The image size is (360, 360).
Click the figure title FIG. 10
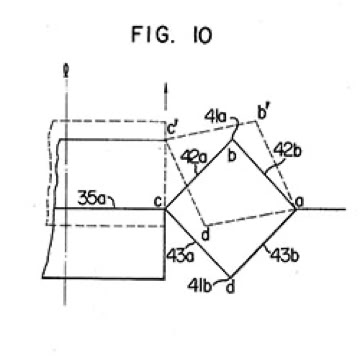(x=171, y=35)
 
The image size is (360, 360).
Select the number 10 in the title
(x=201, y=35)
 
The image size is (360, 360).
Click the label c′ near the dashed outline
(x=172, y=129)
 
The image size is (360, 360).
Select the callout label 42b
(x=287, y=151)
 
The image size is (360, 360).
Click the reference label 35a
(x=91, y=198)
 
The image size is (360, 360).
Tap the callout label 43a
(x=179, y=256)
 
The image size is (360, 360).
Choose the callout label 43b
(x=285, y=256)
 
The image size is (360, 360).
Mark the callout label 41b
(x=200, y=286)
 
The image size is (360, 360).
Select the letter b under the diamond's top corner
(x=231, y=155)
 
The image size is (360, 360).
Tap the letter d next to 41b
(x=229, y=286)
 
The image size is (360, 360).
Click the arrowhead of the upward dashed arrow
(x=165, y=88)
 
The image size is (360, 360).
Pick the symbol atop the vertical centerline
(x=66, y=71)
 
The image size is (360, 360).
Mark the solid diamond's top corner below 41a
(x=231, y=140)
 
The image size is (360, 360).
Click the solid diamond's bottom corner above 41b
(x=230, y=277)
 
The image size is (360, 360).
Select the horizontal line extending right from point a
(x=321, y=209)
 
